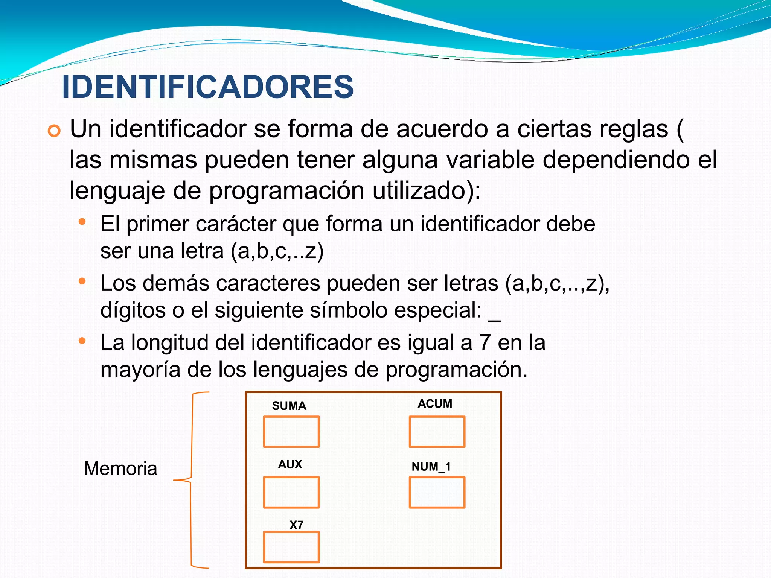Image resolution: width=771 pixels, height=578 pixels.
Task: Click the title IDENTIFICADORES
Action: (207, 87)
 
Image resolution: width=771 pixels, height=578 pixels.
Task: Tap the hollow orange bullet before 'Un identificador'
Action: (54, 131)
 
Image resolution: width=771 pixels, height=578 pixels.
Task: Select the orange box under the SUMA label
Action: (291, 432)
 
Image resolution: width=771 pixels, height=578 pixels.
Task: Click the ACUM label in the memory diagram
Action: (435, 404)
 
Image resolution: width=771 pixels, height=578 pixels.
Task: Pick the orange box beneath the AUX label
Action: (291, 492)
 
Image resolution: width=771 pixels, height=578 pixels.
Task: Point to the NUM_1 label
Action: (431, 467)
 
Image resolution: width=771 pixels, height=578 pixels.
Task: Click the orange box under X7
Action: (291, 547)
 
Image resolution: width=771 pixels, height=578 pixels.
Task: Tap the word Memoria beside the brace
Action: (120, 468)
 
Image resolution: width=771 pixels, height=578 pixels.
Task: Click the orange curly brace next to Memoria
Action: (191, 480)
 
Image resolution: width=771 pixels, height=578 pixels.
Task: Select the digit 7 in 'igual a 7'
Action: (485, 343)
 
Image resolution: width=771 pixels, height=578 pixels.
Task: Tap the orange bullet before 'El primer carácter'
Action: (82, 222)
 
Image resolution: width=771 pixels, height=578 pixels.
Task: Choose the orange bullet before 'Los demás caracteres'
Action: (82, 281)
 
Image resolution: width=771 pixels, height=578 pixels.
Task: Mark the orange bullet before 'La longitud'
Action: (82, 341)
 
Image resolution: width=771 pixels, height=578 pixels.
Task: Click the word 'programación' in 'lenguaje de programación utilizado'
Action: (286, 192)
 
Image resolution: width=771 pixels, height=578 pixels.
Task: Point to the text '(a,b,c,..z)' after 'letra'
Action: (277, 251)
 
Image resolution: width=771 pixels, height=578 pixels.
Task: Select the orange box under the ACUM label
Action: (437, 432)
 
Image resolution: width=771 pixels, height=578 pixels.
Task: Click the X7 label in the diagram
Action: (296, 525)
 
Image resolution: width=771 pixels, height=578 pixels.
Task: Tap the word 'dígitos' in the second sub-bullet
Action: (133, 311)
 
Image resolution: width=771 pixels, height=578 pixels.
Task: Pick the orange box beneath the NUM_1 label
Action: (437, 492)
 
